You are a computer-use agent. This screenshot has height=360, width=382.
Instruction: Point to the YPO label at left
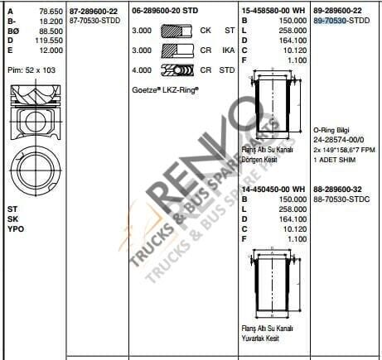[15, 228]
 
